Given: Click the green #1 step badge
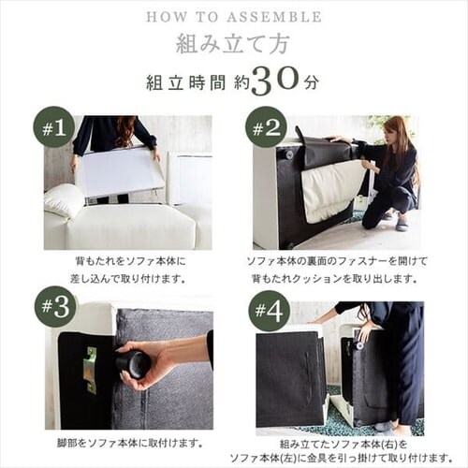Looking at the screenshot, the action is coord(54,128).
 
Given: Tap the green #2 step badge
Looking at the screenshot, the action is coord(266,128).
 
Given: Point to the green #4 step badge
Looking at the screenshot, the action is coord(270,311).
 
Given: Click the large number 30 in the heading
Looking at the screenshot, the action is coord(275,80).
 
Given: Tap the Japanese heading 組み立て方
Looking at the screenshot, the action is coord(231,45).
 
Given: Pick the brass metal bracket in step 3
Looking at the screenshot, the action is coord(91,371).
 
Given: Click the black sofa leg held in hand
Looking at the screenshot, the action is coord(132,363).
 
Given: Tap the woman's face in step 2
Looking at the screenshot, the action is coord(390,130).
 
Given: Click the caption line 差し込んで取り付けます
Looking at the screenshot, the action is coord(128,279).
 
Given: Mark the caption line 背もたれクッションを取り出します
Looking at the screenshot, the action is coord(335,279).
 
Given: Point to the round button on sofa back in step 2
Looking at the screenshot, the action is coord(287,154).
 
